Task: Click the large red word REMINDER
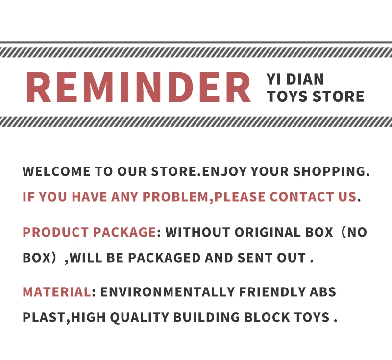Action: [139, 88]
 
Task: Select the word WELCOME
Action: [56, 171]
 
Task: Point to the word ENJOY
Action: [224, 171]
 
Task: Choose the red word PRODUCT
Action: [55, 232]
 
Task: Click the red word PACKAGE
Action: [125, 232]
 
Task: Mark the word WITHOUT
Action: [198, 232]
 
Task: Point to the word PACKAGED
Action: [164, 258]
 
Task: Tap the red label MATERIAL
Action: [57, 292]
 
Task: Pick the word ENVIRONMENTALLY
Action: [168, 292]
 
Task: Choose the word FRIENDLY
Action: [272, 292]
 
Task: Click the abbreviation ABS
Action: [323, 292]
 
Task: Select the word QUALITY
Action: [140, 317]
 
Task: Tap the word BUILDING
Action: [206, 317]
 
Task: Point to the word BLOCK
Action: [267, 317]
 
